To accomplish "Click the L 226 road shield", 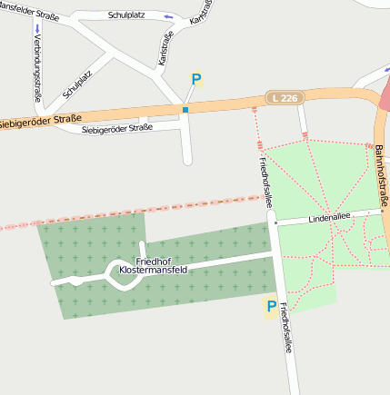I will click(x=284, y=96).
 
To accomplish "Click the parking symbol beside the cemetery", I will click(x=270, y=307).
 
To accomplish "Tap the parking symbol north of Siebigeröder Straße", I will click(x=195, y=80).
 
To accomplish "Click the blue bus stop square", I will click(x=185, y=110).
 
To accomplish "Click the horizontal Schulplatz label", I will click(x=125, y=15).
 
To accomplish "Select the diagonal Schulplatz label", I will click(x=77, y=84).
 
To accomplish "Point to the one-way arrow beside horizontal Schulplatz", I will click(x=168, y=16).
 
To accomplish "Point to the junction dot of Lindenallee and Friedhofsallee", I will click(x=274, y=222).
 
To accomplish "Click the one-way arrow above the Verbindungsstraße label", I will click(x=37, y=28).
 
